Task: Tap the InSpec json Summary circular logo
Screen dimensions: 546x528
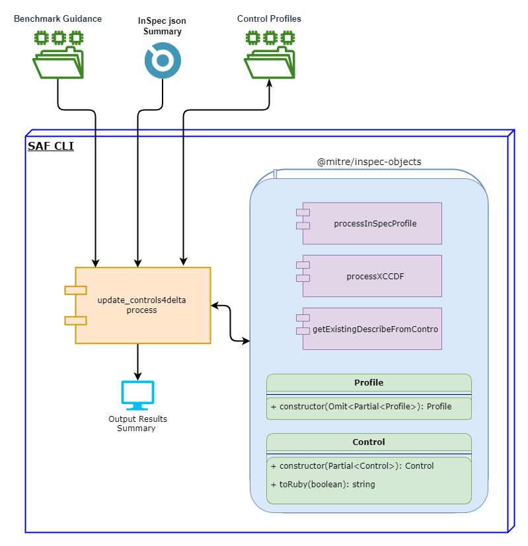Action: [162, 61]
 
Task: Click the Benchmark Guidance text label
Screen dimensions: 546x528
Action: [58, 18]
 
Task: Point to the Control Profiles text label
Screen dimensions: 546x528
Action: [269, 18]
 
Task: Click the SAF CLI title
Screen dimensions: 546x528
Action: [51, 146]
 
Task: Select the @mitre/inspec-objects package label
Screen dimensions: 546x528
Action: [369, 162]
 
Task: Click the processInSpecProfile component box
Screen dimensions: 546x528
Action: [371, 223]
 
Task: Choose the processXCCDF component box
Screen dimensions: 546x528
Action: [371, 276]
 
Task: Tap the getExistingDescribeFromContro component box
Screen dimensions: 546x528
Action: [371, 329]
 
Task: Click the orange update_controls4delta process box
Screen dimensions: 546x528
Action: [142, 305]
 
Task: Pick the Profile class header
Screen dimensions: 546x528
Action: [369, 382]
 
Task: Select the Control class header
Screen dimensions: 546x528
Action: [369, 442]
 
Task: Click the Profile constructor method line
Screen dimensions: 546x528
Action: [361, 407]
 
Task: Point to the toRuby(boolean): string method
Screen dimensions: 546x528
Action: [322, 484]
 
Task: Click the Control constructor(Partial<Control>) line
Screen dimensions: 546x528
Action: [352, 465]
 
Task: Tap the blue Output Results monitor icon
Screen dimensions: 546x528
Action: [137, 395]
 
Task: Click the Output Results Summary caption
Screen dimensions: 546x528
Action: [137, 423]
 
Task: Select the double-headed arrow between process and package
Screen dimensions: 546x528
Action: [231, 323]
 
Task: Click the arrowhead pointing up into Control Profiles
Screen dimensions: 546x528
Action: [269, 84]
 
